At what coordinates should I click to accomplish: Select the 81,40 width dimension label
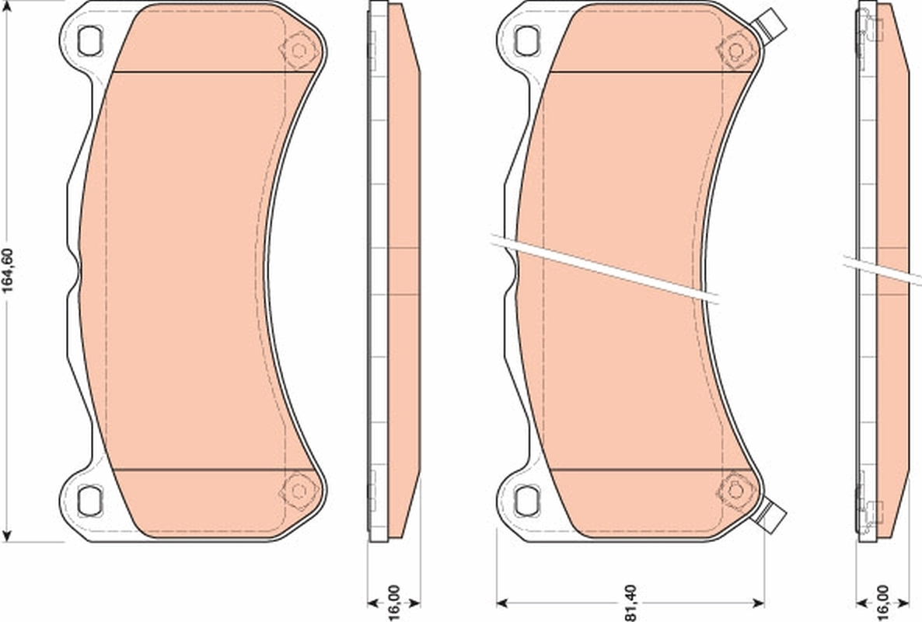pos(630,603)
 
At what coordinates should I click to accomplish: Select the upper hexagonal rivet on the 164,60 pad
pos(298,50)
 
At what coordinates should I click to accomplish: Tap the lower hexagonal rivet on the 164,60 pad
pos(298,490)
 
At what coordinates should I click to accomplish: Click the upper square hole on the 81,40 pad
pos(527,37)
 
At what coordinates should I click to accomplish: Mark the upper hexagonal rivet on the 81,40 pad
pos(734,50)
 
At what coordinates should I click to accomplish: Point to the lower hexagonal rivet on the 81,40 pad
pos(734,490)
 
